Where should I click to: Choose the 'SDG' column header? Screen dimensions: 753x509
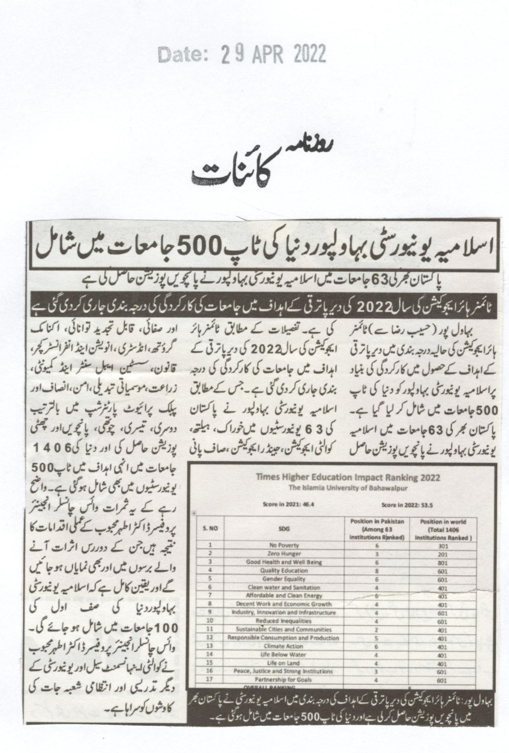coord(283,528)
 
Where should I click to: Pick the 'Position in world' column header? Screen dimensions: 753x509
coord(443,523)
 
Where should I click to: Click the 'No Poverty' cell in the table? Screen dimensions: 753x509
coord(283,545)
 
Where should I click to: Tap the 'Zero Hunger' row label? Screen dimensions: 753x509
coord(283,553)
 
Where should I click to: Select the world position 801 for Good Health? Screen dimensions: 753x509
coord(443,561)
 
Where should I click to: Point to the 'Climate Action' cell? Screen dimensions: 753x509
coord(283,645)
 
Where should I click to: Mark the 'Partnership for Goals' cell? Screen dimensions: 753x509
coord(283,679)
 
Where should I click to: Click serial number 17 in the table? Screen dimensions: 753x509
coord(209,679)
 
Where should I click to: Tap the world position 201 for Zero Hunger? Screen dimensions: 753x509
coord(443,553)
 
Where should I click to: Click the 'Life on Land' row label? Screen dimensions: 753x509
coord(283,662)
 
